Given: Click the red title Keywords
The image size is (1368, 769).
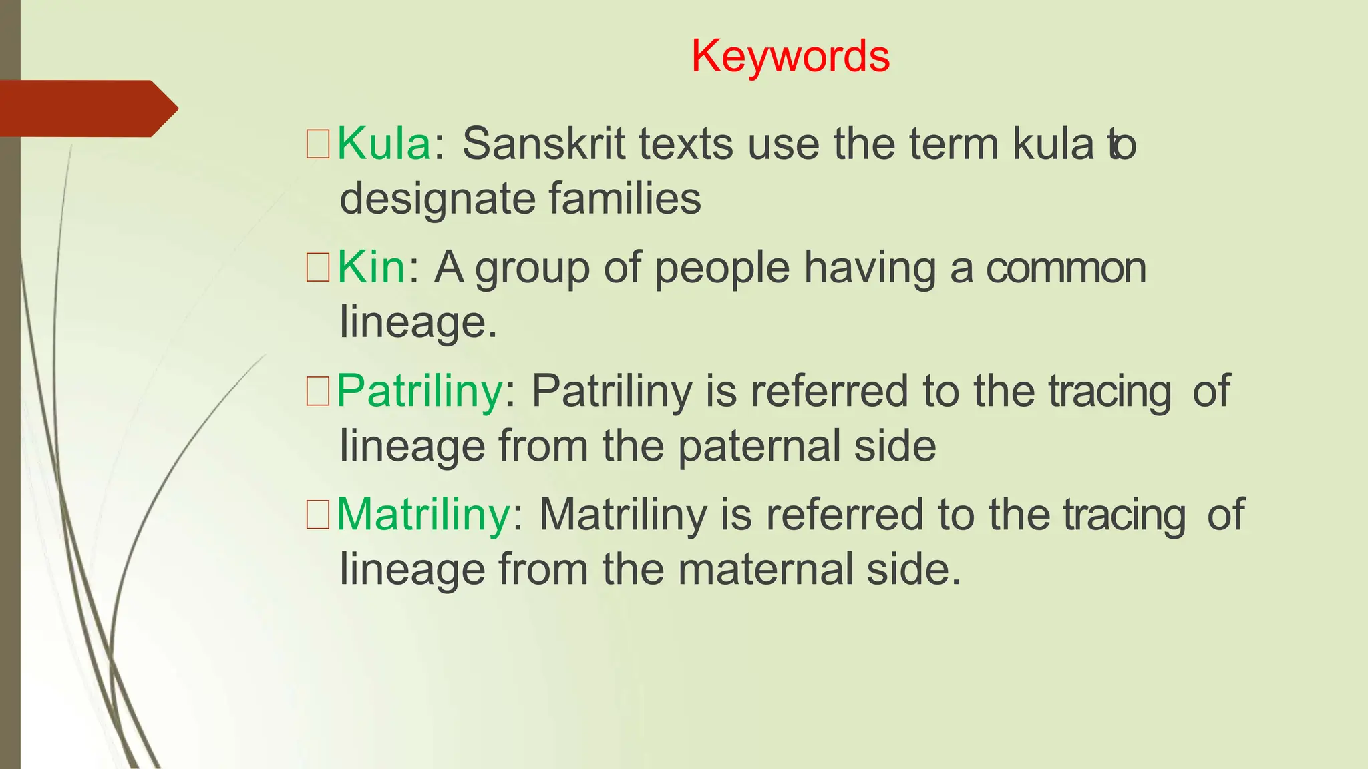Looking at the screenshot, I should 790,56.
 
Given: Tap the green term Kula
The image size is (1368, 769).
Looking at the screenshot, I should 384,144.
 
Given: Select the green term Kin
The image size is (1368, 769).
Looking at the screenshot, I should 371,267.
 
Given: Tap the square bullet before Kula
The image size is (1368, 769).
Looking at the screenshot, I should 318,144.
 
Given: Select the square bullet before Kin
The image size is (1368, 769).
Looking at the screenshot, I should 318,268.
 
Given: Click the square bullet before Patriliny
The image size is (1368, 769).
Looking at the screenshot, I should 318,391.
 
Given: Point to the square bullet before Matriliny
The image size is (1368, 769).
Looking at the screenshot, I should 318,515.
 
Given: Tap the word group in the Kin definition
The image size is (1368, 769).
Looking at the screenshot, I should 532,268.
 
